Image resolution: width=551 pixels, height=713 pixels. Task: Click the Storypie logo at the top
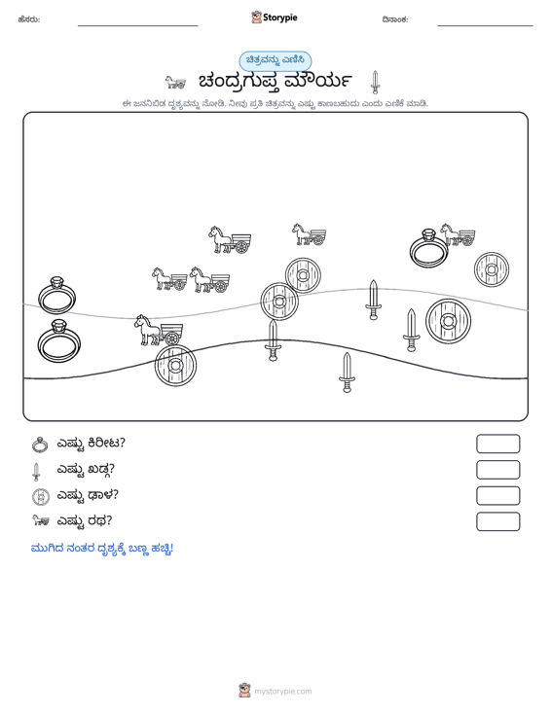[x=275, y=18]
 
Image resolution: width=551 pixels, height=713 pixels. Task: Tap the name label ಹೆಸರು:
[x=29, y=19]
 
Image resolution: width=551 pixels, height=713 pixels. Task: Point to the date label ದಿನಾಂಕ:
[x=395, y=19]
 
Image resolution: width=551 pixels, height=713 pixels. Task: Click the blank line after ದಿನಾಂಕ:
[x=485, y=25]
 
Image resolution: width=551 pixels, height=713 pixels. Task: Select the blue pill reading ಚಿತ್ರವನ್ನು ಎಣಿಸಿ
[x=275, y=61]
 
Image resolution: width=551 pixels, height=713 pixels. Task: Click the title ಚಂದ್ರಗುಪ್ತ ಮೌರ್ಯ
[x=275, y=82]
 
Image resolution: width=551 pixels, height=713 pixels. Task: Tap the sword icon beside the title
[x=375, y=83]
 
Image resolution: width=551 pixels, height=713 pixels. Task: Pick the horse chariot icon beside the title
[x=175, y=83]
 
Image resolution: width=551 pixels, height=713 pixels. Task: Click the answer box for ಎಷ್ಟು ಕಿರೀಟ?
[x=497, y=444]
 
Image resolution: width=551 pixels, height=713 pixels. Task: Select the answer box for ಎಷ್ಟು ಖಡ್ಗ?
[x=497, y=470]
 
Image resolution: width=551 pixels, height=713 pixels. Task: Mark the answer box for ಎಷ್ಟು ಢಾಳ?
[x=497, y=496]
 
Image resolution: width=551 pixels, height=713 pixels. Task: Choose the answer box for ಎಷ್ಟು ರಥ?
[x=497, y=521]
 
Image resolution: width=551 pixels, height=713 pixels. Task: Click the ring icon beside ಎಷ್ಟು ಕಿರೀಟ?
[x=40, y=445]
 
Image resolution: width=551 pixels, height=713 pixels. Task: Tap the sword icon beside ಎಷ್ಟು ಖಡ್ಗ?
[x=36, y=472]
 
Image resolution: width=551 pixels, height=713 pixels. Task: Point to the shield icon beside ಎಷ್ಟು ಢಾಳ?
[x=41, y=496]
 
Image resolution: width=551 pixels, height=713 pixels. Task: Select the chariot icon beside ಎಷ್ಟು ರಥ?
[x=40, y=520]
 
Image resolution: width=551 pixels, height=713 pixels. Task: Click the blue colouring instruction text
[x=102, y=549]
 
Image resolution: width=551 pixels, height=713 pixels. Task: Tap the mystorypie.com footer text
[x=282, y=692]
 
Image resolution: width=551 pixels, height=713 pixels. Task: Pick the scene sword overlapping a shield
[x=273, y=339]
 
